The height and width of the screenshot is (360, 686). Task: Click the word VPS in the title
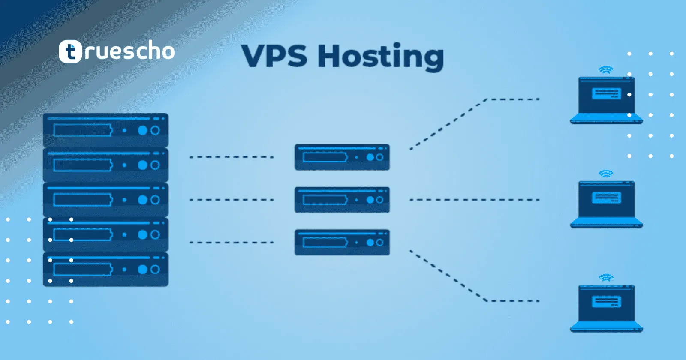click(274, 56)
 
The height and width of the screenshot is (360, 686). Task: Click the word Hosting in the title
click(381, 57)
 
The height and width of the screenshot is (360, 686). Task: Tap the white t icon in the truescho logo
click(70, 51)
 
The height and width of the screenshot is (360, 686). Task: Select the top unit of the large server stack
click(105, 130)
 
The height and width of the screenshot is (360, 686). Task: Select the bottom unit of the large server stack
click(105, 269)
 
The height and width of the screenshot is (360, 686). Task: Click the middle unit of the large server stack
click(105, 200)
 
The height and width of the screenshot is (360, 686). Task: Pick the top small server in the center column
click(342, 157)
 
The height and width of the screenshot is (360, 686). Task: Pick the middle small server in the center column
click(342, 200)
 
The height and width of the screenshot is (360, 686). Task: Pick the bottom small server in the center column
click(342, 242)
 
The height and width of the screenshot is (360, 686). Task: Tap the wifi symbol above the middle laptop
click(606, 174)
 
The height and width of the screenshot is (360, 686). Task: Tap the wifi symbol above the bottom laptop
click(606, 278)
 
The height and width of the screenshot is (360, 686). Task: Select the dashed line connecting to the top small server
click(232, 157)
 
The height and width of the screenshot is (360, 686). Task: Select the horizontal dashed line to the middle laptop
click(474, 200)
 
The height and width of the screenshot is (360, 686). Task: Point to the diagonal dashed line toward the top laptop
click(448, 124)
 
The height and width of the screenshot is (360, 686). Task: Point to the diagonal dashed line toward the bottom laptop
click(448, 276)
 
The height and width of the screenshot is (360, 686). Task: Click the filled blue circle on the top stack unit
click(143, 130)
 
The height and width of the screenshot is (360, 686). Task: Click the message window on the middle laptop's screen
click(606, 198)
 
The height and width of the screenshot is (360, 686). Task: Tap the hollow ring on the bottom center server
click(379, 243)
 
